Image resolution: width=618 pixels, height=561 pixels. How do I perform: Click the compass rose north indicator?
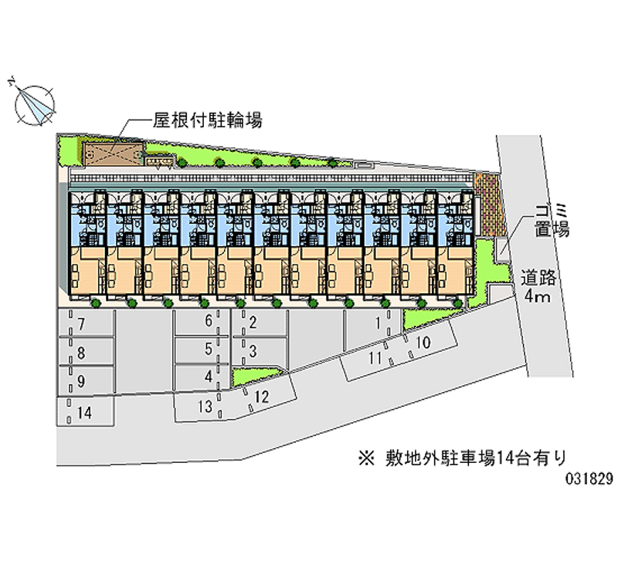pyautogui.click(x=33, y=103)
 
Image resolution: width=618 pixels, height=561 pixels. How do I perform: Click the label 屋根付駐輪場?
pyautogui.click(x=206, y=120)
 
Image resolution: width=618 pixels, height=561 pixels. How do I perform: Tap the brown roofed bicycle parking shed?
pyautogui.click(x=113, y=153)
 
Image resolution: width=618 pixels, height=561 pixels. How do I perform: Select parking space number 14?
pyautogui.click(x=85, y=412)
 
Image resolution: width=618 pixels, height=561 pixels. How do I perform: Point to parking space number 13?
pyautogui.click(x=205, y=406)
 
